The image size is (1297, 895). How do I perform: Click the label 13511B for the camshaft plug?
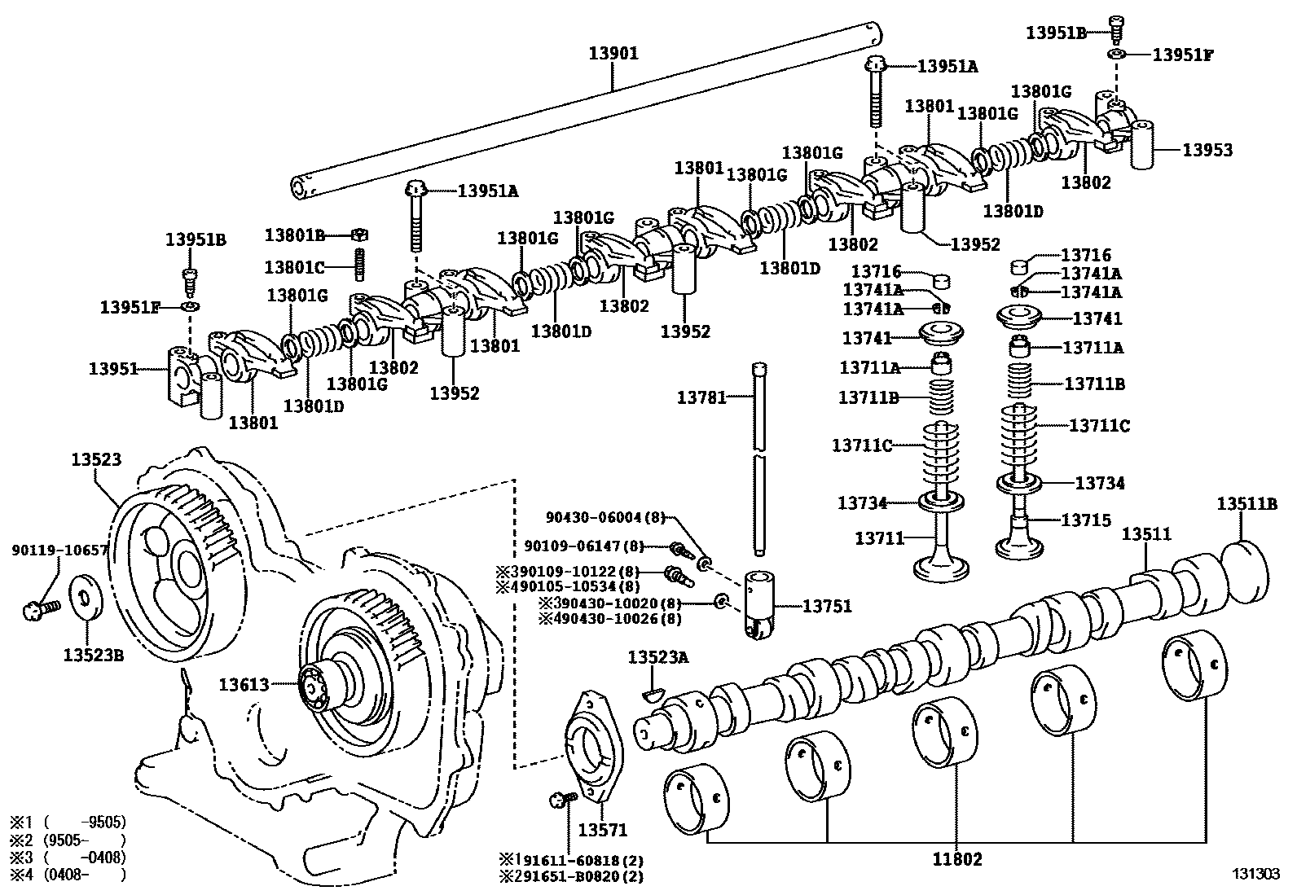coord(1246,503)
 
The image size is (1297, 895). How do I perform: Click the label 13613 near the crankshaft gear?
coord(243,685)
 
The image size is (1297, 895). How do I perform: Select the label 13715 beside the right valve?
coord(1085,520)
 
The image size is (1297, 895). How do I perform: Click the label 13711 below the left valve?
coord(879,537)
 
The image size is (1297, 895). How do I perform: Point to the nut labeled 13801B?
coord(360,235)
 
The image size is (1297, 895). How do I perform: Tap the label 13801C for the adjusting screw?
coord(294,266)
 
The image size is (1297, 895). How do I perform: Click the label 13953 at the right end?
coord(1207,150)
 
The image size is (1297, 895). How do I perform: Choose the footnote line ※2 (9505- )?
coord(68,839)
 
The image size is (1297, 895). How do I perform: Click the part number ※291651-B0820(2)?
coord(571,876)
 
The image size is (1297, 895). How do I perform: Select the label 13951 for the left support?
coord(113,369)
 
